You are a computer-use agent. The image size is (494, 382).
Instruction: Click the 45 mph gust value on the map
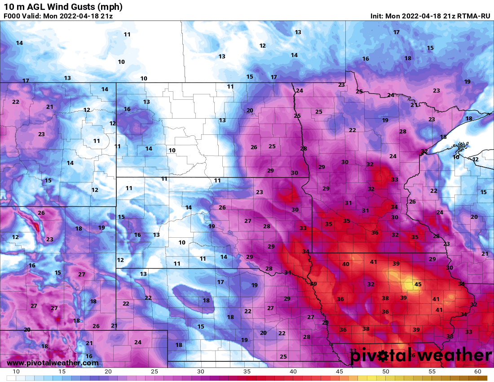(x=418, y=284)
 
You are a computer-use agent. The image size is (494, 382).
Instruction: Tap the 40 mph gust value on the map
(x=346, y=264)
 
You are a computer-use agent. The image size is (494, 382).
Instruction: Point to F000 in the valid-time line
(x=12, y=16)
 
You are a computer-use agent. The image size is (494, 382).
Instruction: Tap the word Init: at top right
(x=377, y=16)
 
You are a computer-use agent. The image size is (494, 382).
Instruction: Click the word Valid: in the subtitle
(x=35, y=16)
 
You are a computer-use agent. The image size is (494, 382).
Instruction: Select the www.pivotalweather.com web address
(x=53, y=363)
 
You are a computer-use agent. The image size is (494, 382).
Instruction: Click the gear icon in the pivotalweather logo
(x=383, y=356)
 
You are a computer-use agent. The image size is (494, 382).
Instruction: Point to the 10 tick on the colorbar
(x=16, y=372)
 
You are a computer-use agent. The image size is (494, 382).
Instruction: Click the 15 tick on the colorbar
(x=62, y=372)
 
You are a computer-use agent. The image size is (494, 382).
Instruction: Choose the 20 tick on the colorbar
(x=108, y=372)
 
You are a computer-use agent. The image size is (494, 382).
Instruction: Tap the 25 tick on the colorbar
(x=154, y=372)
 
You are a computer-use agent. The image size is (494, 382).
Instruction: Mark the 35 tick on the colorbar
(x=247, y=372)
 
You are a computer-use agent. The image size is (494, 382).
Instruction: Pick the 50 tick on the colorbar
(x=386, y=372)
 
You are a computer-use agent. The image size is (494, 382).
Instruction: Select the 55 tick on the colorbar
(x=432, y=372)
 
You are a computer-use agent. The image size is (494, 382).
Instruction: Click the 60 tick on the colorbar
(x=477, y=372)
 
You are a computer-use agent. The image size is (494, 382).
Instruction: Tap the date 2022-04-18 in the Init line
(x=421, y=16)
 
